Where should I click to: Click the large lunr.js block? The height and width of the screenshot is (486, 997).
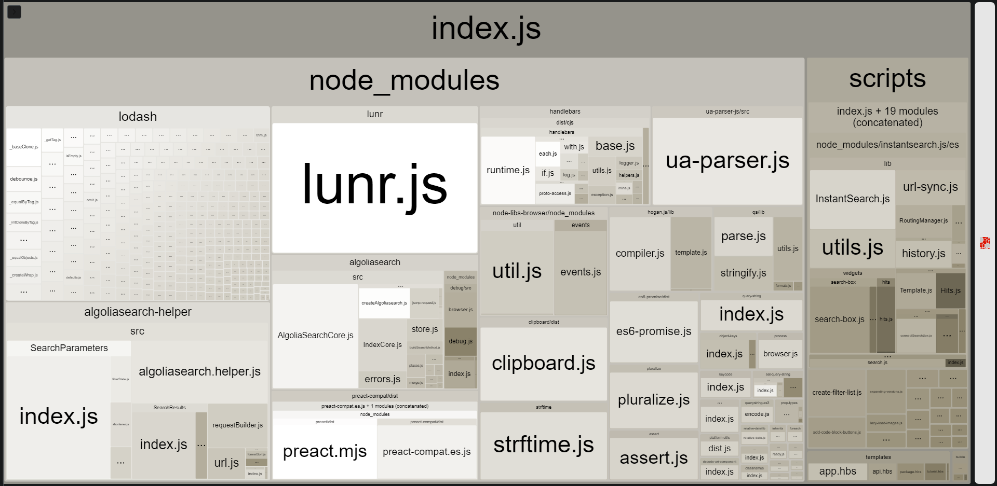click(374, 187)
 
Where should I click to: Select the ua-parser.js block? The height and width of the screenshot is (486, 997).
click(727, 161)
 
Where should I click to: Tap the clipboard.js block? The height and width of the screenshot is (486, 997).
click(543, 363)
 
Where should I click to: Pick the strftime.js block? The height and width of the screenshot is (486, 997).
click(543, 445)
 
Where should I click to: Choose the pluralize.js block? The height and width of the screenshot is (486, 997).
click(653, 400)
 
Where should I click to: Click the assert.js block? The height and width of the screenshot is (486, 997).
click(653, 458)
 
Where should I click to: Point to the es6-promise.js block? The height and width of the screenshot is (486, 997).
click(653, 331)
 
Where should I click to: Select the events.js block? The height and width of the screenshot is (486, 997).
click(581, 272)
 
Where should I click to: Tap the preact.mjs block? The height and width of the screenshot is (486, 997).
click(325, 451)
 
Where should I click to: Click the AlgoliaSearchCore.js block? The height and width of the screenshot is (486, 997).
click(315, 336)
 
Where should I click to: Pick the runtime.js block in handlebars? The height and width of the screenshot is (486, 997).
click(508, 170)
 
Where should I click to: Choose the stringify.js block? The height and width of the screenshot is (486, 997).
click(743, 273)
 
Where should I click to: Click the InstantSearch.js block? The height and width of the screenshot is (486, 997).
click(852, 199)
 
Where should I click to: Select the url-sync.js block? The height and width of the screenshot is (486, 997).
click(930, 187)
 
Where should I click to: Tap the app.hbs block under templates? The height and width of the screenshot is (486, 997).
click(837, 471)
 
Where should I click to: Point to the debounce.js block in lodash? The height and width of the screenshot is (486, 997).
click(23, 179)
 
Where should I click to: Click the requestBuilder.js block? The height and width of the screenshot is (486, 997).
click(237, 425)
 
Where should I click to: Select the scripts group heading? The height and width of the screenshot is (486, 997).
click(887, 79)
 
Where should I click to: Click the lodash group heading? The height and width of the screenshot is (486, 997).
click(138, 117)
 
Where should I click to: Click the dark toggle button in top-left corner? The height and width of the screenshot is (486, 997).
click(15, 12)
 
